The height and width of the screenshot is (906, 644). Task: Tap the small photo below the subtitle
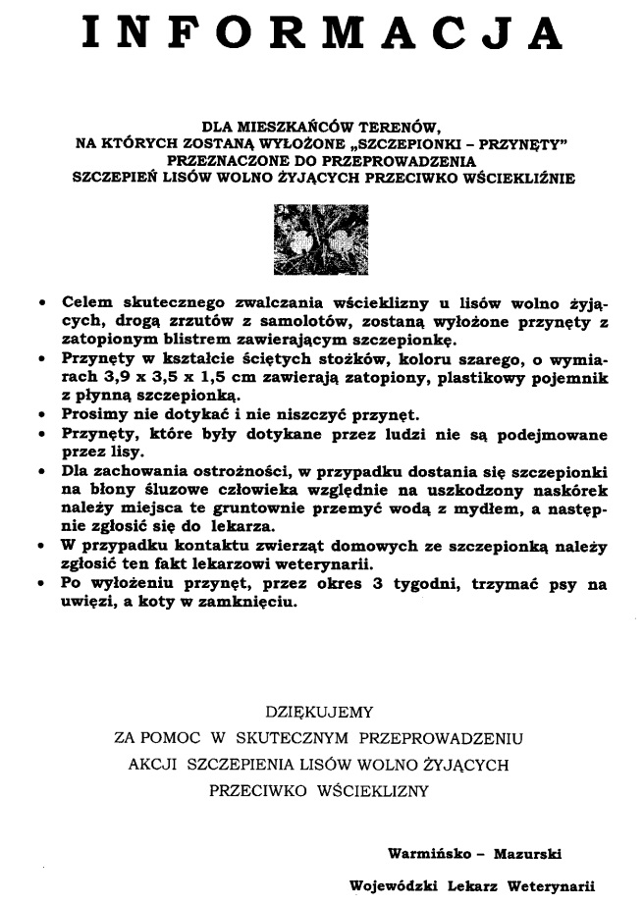pyautogui.click(x=321, y=237)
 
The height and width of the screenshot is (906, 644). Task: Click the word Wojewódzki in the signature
pyautogui.click(x=394, y=885)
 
